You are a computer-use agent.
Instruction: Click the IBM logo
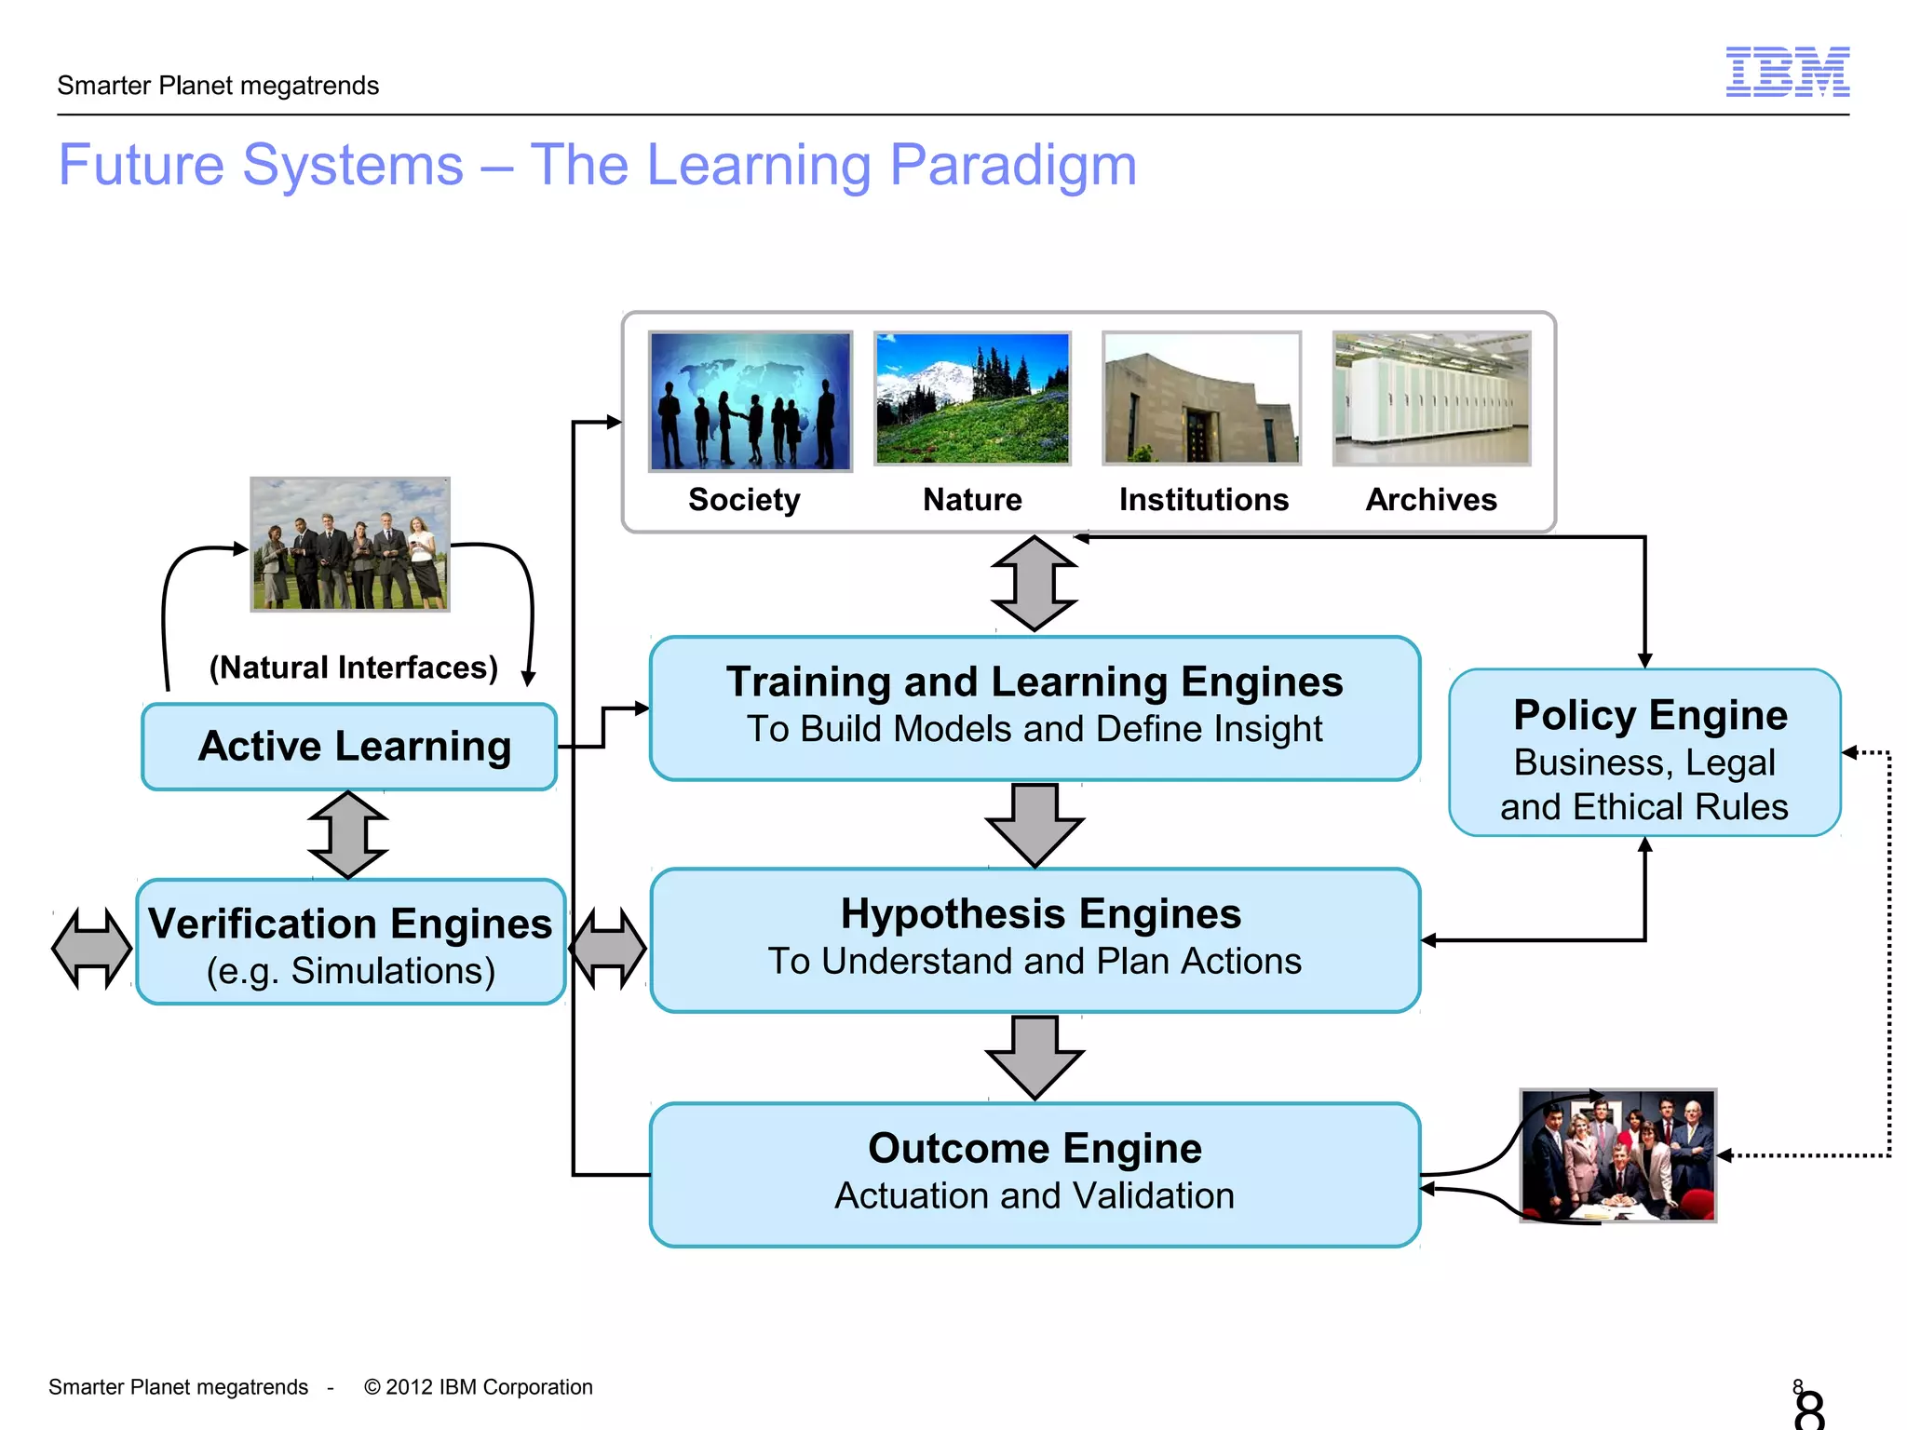[x=1787, y=72]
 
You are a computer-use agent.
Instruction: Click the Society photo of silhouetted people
[x=750, y=400]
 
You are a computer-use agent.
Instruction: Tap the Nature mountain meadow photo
[x=972, y=398]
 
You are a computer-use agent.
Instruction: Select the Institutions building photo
[x=1201, y=398]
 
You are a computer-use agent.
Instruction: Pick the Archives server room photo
[x=1431, y=398]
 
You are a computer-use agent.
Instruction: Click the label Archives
[x=1431, y=500]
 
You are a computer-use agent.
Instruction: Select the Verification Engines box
[x=350, y=942]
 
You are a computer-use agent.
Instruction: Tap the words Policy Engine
[x=1650, y=715]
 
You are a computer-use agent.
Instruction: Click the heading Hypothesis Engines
[x=1040, y=914]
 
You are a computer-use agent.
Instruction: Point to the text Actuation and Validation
[x=1034, y=1195]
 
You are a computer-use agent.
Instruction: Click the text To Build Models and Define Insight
[x=1034, y=729]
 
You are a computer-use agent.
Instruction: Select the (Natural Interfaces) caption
[x=353, y=668]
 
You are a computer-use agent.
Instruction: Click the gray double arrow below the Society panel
[x=1034, y=584]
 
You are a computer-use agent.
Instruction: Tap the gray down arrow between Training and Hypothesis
[x=1034, y=824]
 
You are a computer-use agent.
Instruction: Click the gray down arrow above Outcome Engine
[x=1034, y=1057]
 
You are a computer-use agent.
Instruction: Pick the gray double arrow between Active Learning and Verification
[x=348, y=835]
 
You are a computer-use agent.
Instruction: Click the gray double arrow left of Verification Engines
[x=91, y=948]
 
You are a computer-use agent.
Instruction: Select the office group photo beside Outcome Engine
[x=1617, y=1155]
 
